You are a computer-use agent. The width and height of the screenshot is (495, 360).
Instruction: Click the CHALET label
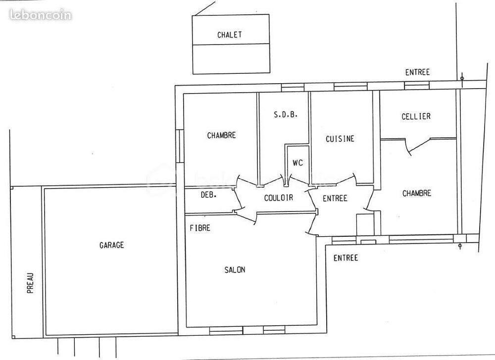pyautogui.click(x=230, y=35)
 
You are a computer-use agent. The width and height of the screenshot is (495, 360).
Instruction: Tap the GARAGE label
pyautogui.click(x=112, y=245)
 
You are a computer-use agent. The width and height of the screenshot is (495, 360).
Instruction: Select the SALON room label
pyautogui.click(x=235, y=270)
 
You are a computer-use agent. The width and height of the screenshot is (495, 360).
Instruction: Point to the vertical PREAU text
pyautogui.click(x=30, y=283)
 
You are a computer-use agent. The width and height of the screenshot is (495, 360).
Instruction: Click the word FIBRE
pyautogui.click(x=200, y=228)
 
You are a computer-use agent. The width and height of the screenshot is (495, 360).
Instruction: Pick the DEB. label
pyautogui.click(x=209, y=195)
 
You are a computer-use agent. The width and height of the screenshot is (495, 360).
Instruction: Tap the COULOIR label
pyautogui.click(x=278, y=198)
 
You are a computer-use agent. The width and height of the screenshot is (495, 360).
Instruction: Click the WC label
pyautogui.click(x=297, y=162)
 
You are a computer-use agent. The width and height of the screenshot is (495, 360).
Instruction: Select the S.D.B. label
pyautogui.click(x=286, y=114)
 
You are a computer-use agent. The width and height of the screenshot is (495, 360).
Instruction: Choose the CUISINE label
pyautogui.click(x=340, y=139)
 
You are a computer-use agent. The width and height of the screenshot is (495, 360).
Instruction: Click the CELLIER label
pyautogui.click(x=416, y=116)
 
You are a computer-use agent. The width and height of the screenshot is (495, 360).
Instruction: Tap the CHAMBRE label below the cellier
pyautogui.click(x=417, y=193)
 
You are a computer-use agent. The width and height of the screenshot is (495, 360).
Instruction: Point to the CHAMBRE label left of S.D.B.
pyautogui.click(x=222, y=136)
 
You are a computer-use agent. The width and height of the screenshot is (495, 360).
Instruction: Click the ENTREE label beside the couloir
pyautogui.click(x=335, y=198)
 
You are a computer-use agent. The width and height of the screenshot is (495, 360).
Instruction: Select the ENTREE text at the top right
pyautogui.click(x=417, y=72)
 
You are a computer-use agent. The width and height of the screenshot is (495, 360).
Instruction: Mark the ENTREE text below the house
pyautogui.click(x=346, y=258)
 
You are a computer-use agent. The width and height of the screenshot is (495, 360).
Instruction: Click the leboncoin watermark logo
pyautogui.click(x=41, y=15)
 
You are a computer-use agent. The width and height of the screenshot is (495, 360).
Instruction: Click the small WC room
pyautogui.click(x=297, y=164)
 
